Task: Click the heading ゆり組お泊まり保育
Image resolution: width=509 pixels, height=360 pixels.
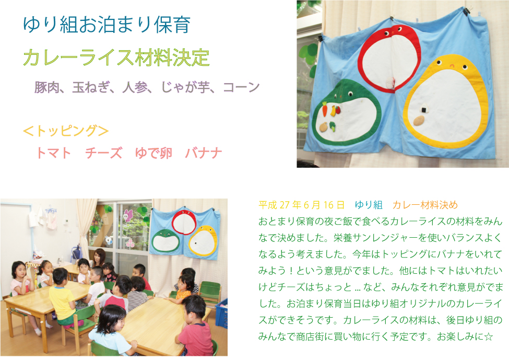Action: [x=106, y=25]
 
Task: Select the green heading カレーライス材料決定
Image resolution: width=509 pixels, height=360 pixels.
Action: [x=116, y=57]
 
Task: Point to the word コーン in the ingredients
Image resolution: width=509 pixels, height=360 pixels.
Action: [x=241, y=87]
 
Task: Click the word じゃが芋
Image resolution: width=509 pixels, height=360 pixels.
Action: [x=185, y=87]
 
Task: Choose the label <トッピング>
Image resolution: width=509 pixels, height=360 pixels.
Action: [x=66, y=131]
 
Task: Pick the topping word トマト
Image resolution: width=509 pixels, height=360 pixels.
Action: [x=53, y=153]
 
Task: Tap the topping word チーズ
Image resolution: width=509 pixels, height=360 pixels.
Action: [x=103, y=153]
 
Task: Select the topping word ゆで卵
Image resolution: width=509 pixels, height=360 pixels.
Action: [x=153, y=153]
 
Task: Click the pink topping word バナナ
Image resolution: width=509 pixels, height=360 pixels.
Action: [x=204, y=153]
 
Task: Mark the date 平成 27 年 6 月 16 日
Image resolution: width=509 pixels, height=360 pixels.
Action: [x=301, y=205]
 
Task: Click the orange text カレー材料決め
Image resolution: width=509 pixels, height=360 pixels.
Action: [x=425, y=205]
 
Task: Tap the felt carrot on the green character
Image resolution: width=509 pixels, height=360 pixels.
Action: [x=325, y=109]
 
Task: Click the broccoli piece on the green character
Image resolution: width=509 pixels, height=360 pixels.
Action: [x=332, y=126]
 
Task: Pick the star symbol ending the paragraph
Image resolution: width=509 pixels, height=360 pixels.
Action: [x=488, y=336]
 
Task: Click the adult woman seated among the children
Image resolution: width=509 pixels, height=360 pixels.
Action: [x=99, y=260]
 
